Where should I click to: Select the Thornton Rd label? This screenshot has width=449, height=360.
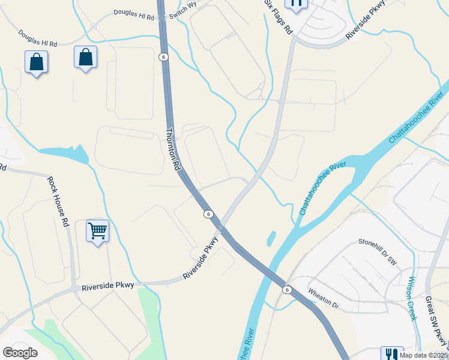(x=174, y=151)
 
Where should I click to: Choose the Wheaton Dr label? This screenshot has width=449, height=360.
(x=324, y=298)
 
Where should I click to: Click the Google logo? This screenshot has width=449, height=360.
(x=20, y=352)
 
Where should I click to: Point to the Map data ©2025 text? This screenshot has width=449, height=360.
(x=424, y=355)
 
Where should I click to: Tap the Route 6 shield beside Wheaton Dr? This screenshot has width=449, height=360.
(x=288, y=290)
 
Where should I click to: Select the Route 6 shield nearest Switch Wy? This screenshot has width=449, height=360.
(x=163, y=56)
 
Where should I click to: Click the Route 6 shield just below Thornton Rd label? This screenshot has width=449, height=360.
(x=208, y=214)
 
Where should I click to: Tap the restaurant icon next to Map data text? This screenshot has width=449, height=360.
(x=392, y=355)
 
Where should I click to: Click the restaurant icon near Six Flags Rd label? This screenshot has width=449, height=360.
(x=295, y=4)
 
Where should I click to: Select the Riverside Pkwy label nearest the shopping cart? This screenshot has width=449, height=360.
(x=109, y=287)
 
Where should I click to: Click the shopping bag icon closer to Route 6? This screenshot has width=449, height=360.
(x=86, y=58)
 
